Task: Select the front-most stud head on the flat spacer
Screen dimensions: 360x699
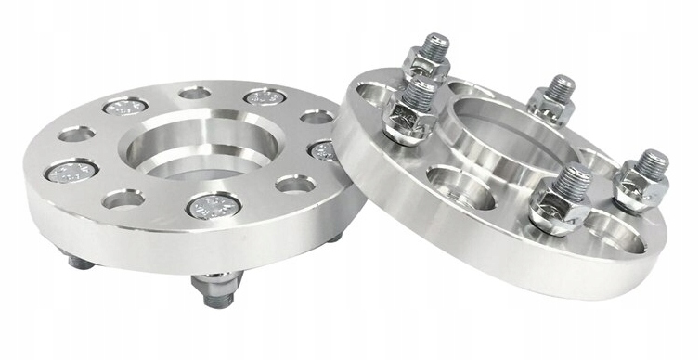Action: (214, 205)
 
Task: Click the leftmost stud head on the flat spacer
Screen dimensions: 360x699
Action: (72, 172)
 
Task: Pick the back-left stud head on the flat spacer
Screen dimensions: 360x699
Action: (125, 108)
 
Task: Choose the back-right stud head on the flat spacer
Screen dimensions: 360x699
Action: (265, 97)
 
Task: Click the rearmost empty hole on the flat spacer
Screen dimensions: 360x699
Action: (194, 93)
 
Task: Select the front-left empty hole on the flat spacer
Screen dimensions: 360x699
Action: (123, 199)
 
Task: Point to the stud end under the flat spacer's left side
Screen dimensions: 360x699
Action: (81, 262)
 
